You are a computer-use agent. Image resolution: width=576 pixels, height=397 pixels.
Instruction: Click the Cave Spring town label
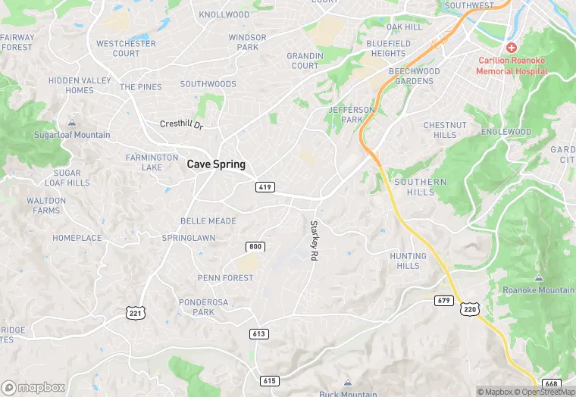216,164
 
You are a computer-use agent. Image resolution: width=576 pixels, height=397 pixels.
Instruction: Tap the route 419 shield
265,186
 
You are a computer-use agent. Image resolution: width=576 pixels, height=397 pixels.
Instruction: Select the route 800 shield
255,247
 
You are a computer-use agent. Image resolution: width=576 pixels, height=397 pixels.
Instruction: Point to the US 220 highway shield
470,309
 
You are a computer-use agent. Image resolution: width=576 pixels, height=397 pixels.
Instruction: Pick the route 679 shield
444,301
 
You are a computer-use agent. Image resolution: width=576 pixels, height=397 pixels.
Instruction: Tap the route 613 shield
259,333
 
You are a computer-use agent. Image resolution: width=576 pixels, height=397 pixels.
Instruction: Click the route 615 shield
269,380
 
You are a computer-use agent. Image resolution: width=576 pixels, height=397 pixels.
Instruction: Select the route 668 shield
552,384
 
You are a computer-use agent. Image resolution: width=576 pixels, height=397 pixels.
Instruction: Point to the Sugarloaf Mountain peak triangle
72,123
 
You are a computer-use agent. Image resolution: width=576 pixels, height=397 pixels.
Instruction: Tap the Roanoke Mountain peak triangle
538,278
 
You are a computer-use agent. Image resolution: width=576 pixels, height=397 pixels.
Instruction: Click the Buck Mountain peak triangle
348,383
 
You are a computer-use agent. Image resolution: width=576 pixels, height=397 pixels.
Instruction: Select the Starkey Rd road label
313,240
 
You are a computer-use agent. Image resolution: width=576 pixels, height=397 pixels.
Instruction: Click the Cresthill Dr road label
182,124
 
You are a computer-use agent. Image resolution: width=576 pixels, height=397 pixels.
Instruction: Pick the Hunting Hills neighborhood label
408,261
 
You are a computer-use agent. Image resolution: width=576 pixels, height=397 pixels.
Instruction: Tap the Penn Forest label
225,278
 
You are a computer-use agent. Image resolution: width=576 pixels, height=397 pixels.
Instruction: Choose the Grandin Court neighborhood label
305,61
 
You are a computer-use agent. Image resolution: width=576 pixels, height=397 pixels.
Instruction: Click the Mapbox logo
33,387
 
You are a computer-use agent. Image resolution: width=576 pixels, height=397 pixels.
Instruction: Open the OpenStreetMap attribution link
546,392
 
